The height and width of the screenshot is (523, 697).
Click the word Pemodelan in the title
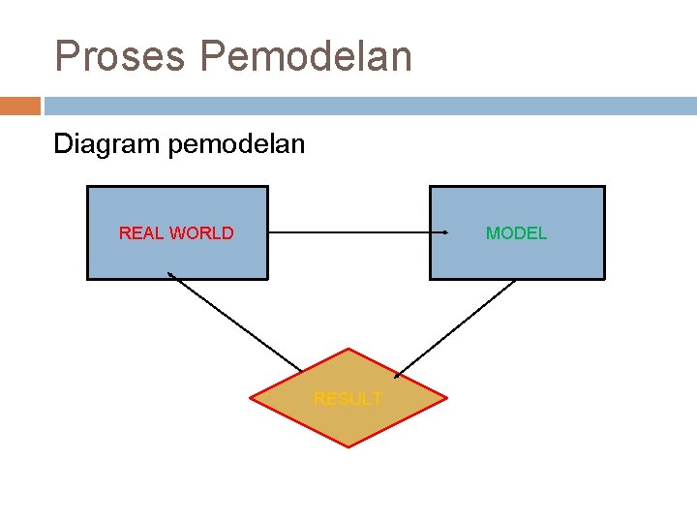click(306, 56)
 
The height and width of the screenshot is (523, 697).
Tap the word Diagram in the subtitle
click(106, 145)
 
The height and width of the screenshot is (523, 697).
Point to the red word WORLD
click(201, 232)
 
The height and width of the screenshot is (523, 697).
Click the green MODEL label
click(516, 232)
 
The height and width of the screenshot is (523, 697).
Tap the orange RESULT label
click(348, 398)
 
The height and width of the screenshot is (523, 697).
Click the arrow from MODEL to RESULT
click(455, 327)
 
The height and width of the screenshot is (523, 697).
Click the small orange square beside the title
click(20, 106)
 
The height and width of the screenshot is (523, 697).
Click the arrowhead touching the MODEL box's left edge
click(444, 232)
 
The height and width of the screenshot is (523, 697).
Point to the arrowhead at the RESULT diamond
click(397, 375)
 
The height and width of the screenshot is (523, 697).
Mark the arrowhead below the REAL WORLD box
click(170, 275)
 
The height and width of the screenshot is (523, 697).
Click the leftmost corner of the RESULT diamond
click(251, 398)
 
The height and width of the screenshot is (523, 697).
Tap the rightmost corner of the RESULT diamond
click(447, 398)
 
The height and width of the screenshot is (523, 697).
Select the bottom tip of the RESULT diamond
click(348, 446)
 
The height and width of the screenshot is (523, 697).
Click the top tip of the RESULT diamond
click(348, 349)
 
